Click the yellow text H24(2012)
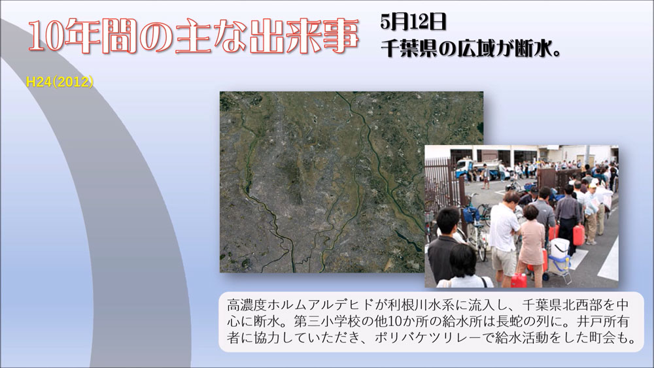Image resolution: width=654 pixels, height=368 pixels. tap(60, 82)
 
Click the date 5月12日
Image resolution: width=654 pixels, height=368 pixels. tap(413, 22)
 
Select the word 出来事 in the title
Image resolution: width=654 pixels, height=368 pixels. tap(304, 37)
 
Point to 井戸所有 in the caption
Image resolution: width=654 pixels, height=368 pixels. tap(603, 322)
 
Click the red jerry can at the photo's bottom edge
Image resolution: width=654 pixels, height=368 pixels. tap(519, 280)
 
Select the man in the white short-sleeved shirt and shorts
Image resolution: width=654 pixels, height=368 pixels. tap(504, 237)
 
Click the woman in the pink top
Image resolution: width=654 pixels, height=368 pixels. tap(530, 242)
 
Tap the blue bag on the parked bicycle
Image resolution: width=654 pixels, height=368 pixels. tap(472, 214)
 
